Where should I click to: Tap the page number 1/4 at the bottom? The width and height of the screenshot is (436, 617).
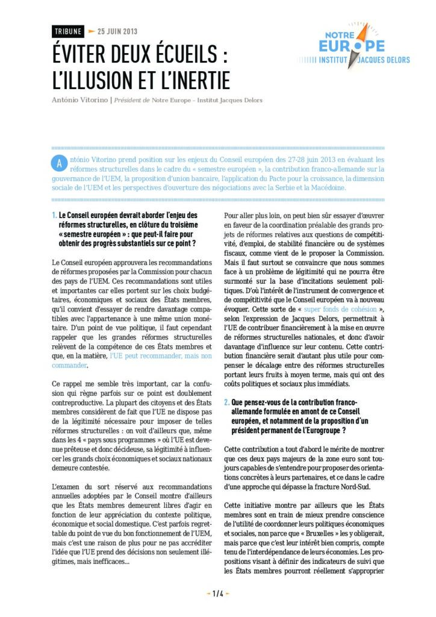coord(218,594)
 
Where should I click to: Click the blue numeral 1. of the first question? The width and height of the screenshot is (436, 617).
coord(55,215)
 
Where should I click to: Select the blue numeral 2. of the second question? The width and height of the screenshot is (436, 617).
coord(226,401)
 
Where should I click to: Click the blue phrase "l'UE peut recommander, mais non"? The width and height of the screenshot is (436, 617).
coord(160,356)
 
